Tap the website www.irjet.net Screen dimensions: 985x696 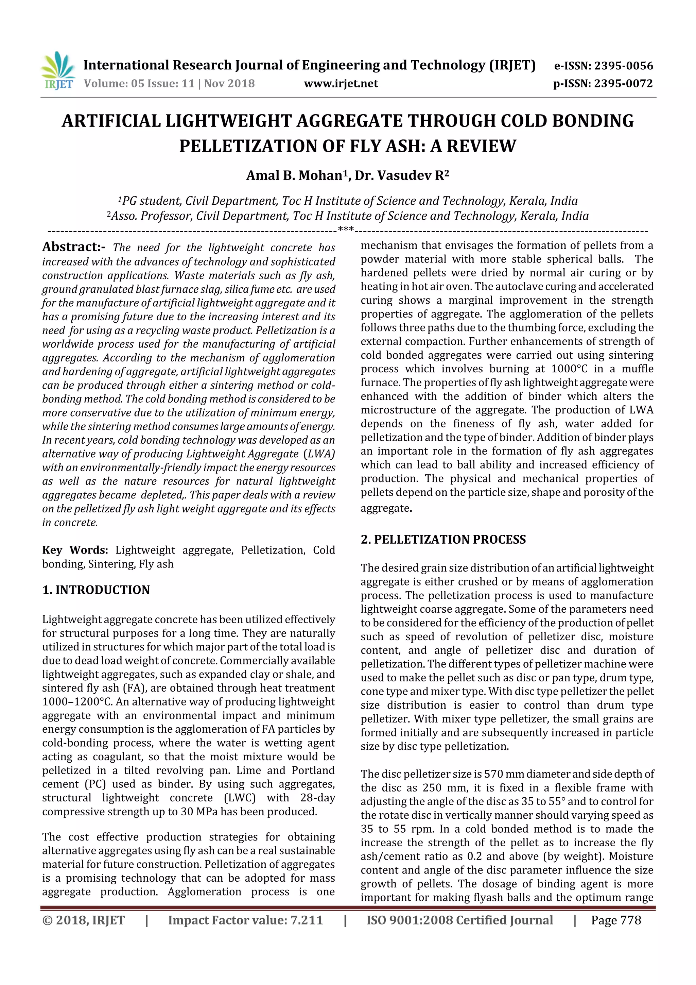click(341, 84)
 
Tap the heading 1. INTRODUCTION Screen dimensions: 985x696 click(96, 590)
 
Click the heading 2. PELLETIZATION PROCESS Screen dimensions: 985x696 click(443, 540)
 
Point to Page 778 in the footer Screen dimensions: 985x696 click(616, 920)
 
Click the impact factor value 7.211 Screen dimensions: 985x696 click(306, 920)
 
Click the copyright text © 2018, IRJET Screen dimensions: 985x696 click(84, 920)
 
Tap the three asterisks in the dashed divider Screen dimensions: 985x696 click(346, 230)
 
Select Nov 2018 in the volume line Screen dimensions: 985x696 click(229, 84)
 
